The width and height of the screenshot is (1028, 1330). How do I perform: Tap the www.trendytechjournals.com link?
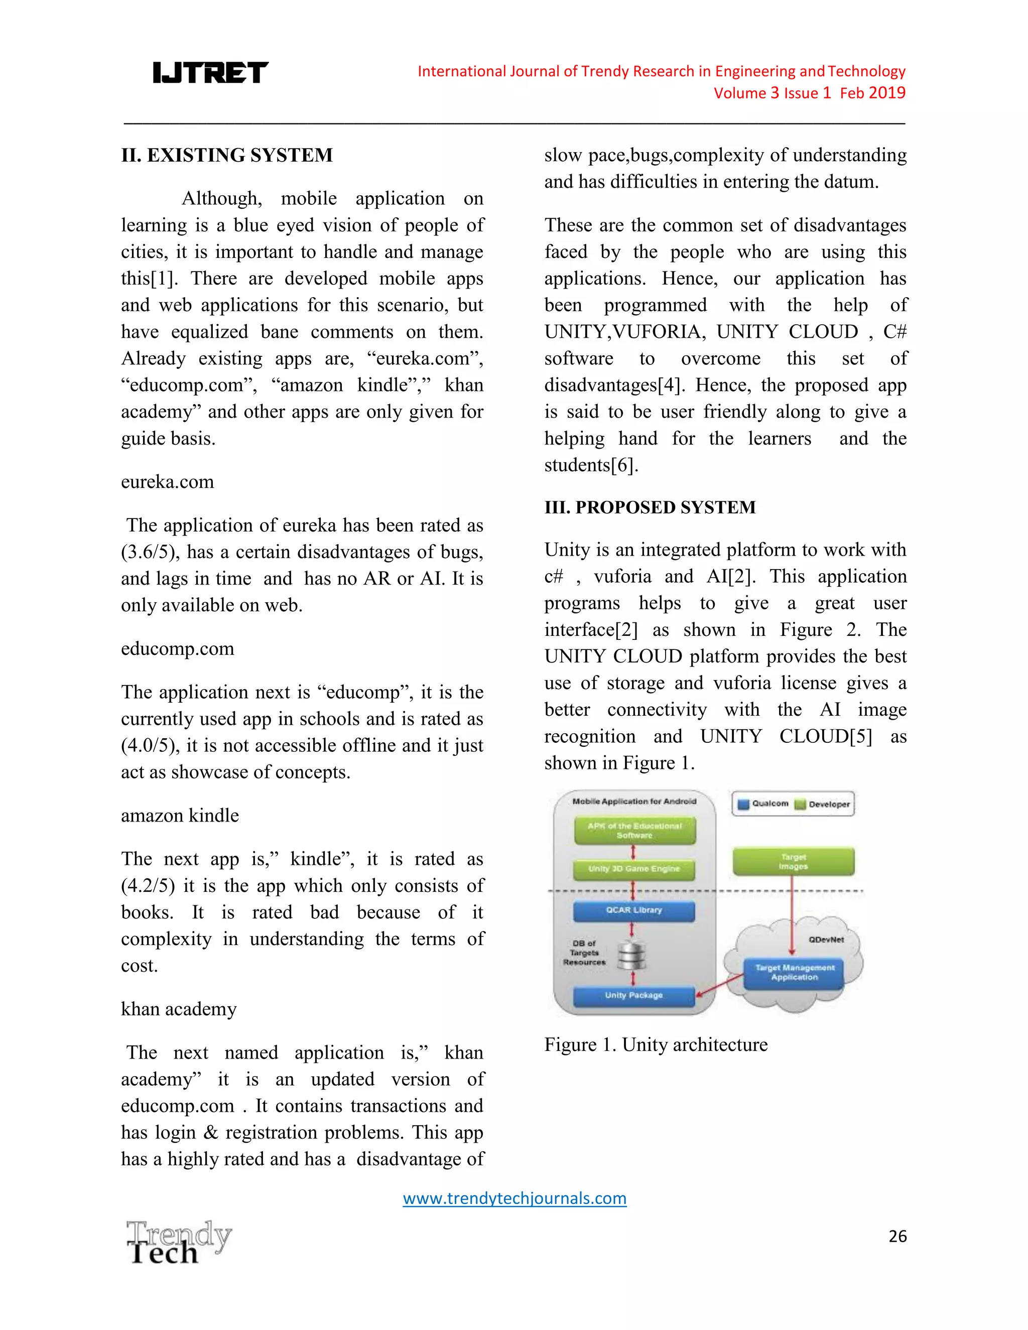(x=514, y=1198)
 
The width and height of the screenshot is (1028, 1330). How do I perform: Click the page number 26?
(x=897, y=1236)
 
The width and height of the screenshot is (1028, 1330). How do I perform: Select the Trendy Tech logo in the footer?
(x=178, y=1242)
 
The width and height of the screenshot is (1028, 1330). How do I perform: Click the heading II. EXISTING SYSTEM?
(x=226, y=155)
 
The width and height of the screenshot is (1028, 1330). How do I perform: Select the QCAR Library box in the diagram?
(x=633, y=910)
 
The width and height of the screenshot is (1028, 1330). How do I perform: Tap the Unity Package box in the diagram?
(x=633, y=995)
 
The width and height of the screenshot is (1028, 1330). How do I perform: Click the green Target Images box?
(x=793, y=861)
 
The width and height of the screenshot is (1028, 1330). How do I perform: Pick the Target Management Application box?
(x=794, y=973)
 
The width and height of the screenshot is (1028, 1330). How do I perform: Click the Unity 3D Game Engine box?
(x=633, y=869)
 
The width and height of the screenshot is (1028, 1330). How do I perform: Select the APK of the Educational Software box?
(x=634, y=831)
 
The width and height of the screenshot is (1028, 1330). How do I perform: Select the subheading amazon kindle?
(x=180, y=816)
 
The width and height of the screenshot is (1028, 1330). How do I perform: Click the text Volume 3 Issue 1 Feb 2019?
(x=809, y=93)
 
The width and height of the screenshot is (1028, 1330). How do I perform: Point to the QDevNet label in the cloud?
(x=826, y=940)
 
